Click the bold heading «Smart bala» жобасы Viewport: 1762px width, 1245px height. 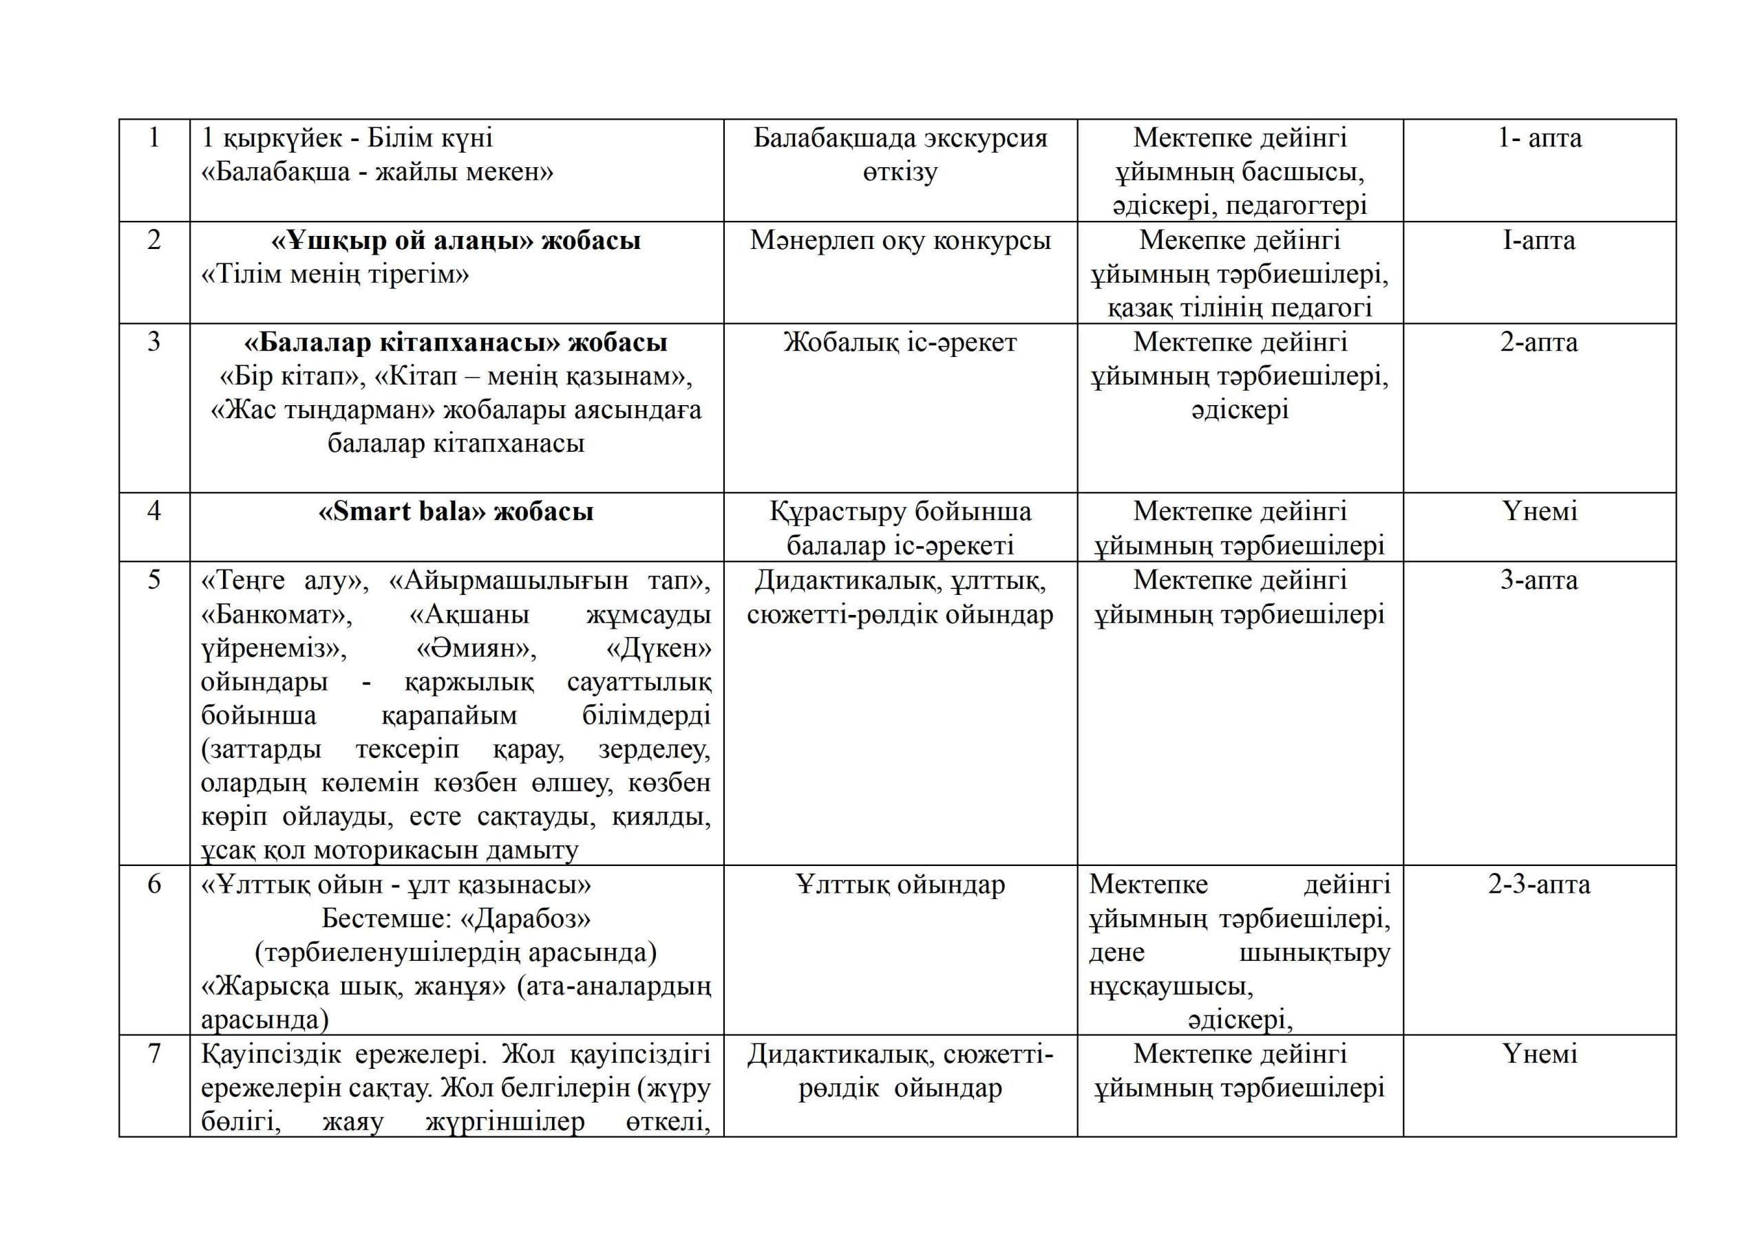click(x=456, y=512)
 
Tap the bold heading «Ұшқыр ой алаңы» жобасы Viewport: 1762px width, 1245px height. click(x=456, y=241)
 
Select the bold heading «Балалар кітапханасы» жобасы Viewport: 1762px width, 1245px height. click(x=456, y=342)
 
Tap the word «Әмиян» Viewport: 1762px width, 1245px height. click(x=476, y=648)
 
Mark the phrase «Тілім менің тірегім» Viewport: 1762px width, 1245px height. click(x=335, y=274)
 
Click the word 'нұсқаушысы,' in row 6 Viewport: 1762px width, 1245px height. click(x=1171, y=986)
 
